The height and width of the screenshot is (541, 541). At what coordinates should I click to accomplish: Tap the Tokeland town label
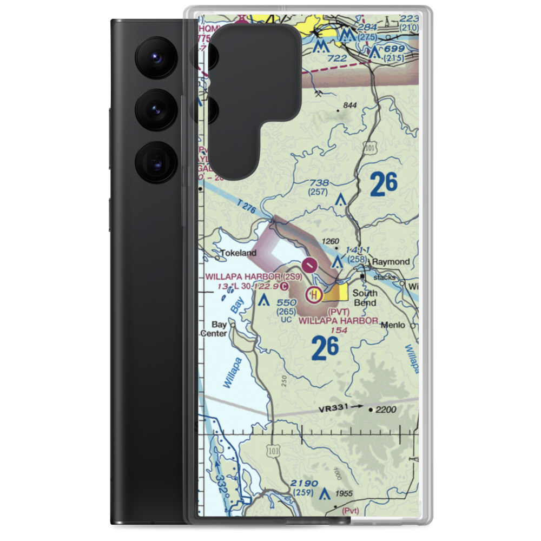(238, 253)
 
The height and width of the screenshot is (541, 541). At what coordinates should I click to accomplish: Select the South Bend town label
(365, 298)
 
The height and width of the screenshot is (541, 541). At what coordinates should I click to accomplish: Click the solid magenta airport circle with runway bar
(309, 265)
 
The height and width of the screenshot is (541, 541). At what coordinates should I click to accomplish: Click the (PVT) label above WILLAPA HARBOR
(339, 312)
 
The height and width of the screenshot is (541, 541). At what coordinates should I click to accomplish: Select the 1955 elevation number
(344, 493)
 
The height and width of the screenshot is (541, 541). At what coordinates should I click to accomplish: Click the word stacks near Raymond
(385, 277)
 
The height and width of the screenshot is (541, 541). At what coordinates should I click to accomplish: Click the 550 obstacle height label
(287, 303)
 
